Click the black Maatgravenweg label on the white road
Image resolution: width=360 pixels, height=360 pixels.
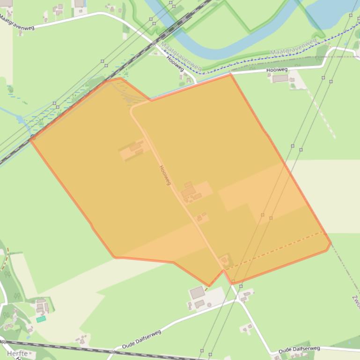[x=17, y=20]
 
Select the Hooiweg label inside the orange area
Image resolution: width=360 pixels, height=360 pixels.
[x=165, y=175]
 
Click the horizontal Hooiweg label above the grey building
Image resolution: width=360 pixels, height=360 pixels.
[x=277, y=70]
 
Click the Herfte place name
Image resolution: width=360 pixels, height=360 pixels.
[x=17, y=353]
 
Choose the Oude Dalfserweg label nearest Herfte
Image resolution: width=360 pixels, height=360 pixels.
[x=141, y=339]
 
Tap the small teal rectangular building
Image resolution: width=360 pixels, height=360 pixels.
[x=41, y=319]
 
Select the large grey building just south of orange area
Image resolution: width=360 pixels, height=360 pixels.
[x=197, y=293]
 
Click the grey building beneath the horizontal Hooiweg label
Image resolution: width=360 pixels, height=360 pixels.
[x=280, y=79]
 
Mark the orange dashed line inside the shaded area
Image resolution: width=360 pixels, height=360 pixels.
[x=276, y=249]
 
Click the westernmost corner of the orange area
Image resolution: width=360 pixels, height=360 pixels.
[x=30, y=139]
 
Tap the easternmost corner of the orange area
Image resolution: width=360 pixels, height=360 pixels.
[x=331, y=243]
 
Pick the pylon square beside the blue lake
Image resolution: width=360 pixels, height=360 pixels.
[x=351, y=15]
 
